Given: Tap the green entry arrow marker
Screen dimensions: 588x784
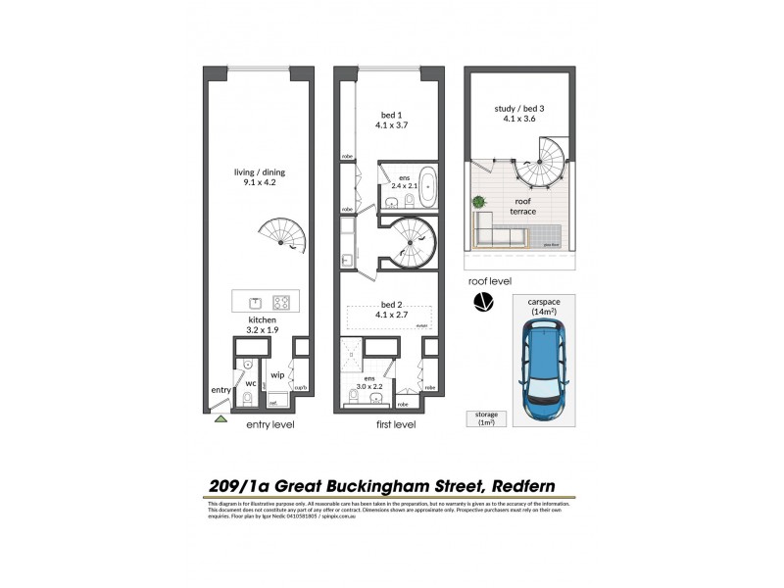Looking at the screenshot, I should point(221,418).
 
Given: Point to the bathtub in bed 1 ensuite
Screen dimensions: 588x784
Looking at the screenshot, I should point(407,196).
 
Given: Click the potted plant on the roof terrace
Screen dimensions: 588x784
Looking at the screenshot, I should point(479,203).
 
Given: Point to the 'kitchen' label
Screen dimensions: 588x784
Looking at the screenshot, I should point(262,320).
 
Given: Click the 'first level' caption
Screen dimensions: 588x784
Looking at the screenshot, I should point(396,425).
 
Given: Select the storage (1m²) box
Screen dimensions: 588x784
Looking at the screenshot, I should point(487,417).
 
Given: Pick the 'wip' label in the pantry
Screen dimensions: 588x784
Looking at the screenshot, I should point(277,373).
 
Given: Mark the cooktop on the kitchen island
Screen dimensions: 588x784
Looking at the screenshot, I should point(281,302).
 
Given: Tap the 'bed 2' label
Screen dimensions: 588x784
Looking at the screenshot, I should point(390,304).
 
